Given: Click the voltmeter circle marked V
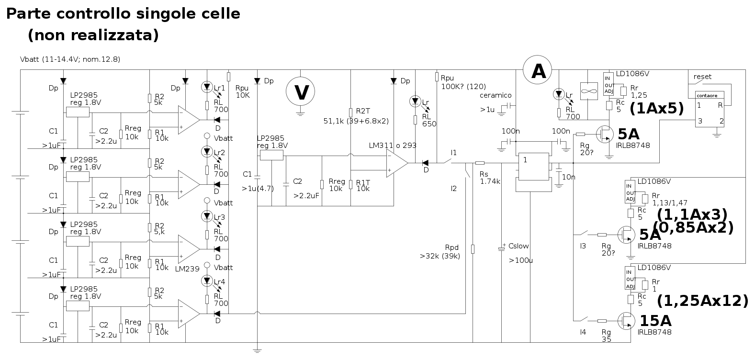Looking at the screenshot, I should (x=301, y=91).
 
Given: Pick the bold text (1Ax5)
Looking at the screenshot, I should (x=656, y=109).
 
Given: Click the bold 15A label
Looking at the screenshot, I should (x=655, y=320).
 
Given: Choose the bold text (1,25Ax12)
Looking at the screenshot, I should (x=702, y=301).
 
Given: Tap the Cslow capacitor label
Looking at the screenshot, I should (x=518, y=246).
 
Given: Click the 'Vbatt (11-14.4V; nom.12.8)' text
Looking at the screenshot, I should (x=70, y=60).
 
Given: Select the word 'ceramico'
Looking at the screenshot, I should (x=496, y=95).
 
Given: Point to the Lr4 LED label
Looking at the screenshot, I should (x=219, y=282).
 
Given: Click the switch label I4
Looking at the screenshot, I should (x=583, y=332).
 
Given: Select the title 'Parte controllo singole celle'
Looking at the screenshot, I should (x=123, y=14).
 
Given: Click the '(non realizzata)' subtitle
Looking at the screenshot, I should (x=93, y=35).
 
